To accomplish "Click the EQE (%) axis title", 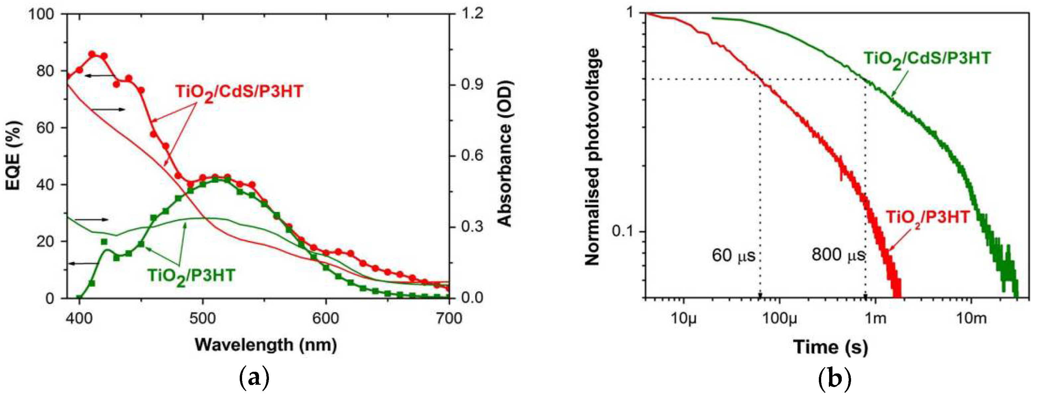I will [x=14, y=155].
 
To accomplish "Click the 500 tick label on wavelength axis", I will [x=203, y=318].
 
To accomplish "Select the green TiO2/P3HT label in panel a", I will [x=191, y=276].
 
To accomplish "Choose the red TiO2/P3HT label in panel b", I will [x=927, y=218].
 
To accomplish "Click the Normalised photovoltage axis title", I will [x=592, y=157].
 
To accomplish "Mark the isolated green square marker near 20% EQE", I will [x=104, y=242].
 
